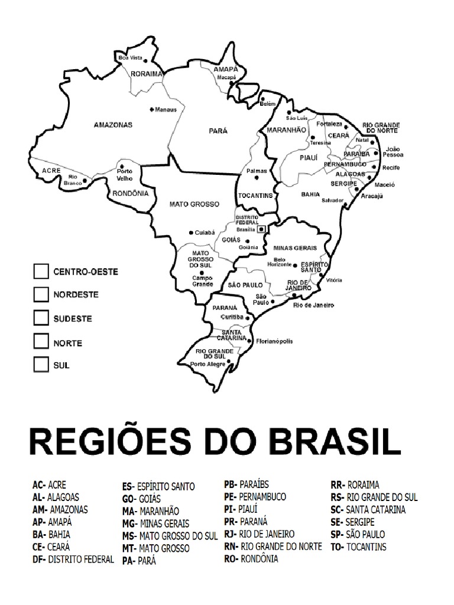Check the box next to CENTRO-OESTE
tap(41, 271)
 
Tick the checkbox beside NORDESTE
tap(41, 294)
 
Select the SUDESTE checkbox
tap(41, 317)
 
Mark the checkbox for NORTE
tap(41, 341)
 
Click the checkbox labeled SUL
tap(41, 365)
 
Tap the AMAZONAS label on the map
tap(113, 125)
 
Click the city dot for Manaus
tap(152, 109)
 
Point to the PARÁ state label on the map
tap(218, 131)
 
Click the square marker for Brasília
tap(261, 227)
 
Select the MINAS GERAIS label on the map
tap(295, 248)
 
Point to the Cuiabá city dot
tap(190, 232)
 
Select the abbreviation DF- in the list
tap(39, 559)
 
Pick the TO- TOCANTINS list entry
tap(358, 547)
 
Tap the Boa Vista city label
tap(130, 58)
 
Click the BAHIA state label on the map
tap(310, 194)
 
